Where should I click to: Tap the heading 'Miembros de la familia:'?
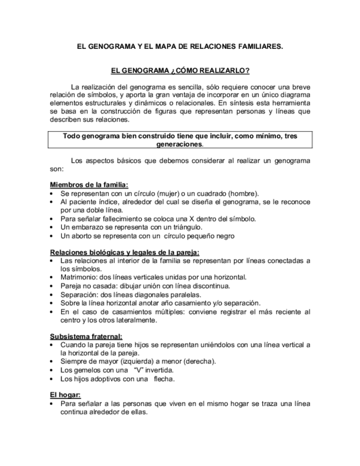89,185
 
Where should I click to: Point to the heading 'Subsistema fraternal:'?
86,336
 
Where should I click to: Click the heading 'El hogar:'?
65,395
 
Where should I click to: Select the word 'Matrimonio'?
79,278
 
